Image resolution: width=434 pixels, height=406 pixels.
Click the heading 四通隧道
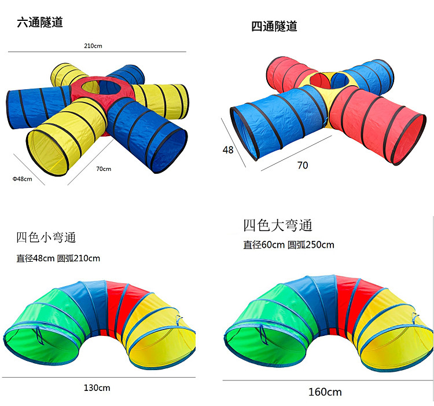click(274, 26)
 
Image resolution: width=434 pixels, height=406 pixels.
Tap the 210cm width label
click(93, 45)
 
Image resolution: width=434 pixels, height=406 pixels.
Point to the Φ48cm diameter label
click(22, 179)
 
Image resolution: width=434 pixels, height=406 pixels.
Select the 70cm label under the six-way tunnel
click(104, 169)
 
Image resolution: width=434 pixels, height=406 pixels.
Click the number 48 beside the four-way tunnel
click(228, 149)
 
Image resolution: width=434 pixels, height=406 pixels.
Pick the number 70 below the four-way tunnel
click(302, 165)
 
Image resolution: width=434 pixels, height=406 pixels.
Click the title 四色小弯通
click(46, 237)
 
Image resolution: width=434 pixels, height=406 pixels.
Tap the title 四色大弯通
click(278, 225)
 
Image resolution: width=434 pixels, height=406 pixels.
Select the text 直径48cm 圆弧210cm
click(58, 258)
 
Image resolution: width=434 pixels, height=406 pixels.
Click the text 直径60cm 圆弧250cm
click(289, 244)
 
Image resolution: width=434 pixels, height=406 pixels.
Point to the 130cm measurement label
click(97, 387)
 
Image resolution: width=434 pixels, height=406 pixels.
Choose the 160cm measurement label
click(325, 392)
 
